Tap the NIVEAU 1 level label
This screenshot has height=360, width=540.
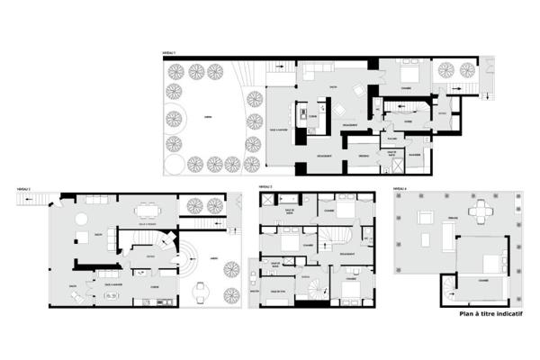pyautogui.click(x=167, y=55)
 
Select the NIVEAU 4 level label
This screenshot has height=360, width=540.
pyautogui.click(x=400, y=190)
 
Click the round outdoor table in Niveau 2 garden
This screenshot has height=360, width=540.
pyautogui.click(x=202, y=288)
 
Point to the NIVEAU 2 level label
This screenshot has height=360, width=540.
pyautogui.click(x=24, y=190)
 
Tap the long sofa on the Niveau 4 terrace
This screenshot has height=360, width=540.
pyautogui.click(x=447, y=237)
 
